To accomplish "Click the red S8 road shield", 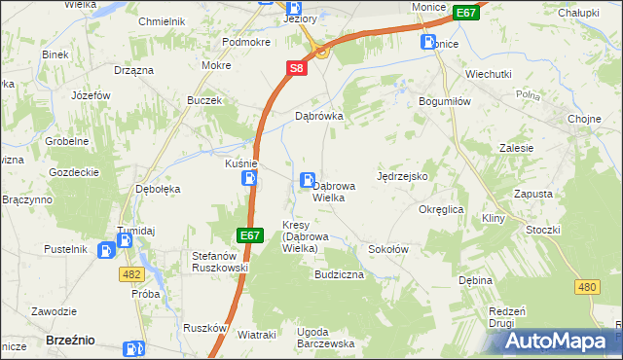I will (x=297, y=69).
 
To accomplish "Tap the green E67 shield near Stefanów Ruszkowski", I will (x=249, y=235).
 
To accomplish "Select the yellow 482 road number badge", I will (x=131, y=275).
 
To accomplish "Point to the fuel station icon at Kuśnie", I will (x=250, y=178).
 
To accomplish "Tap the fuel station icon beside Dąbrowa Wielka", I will (x=308, y=179).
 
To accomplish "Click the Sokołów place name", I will (x=387, y=249).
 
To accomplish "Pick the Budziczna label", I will (x=339, y=275).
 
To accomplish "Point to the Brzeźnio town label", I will (x=70, y=340).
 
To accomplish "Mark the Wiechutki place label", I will (x=489, y=73).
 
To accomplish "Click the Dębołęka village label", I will (x=158, y=190).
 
